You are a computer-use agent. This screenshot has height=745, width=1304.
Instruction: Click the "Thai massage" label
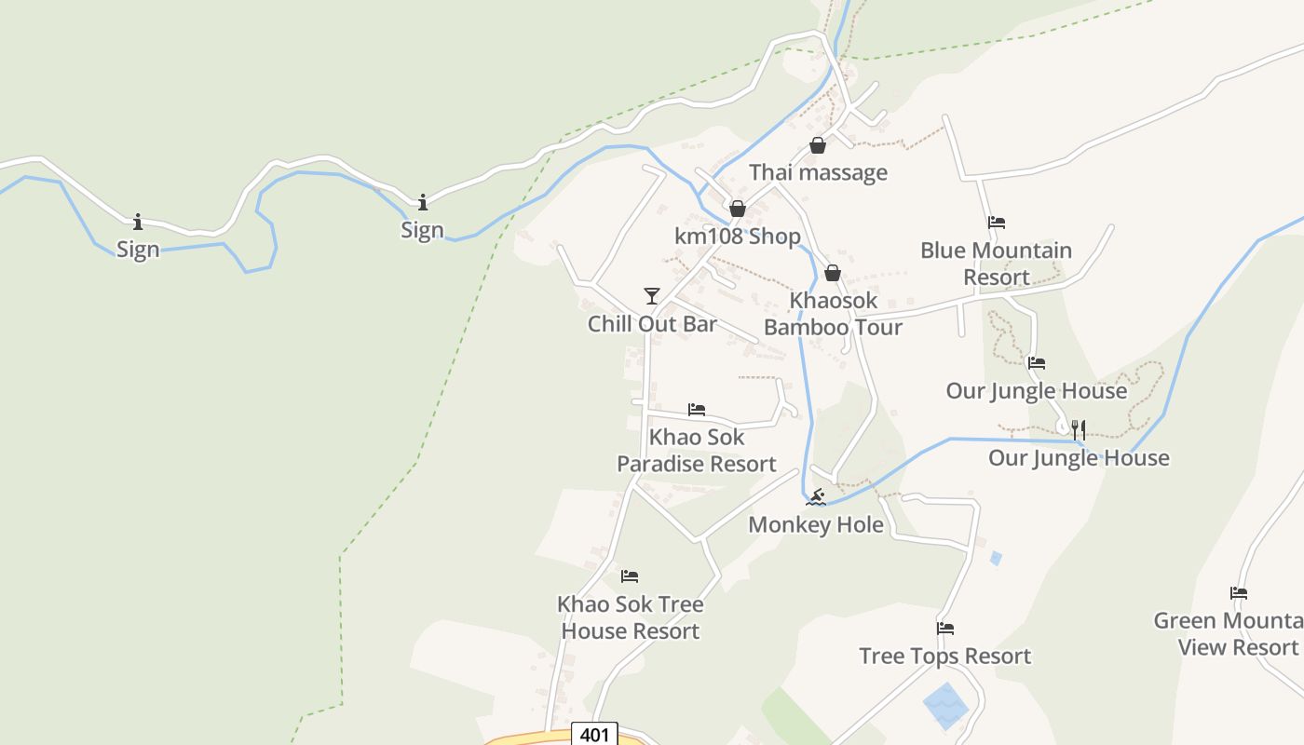point(818,172)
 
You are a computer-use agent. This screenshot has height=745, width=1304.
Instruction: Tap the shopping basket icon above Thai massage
point(817,145)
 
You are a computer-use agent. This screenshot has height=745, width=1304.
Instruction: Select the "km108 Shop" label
point(737,236)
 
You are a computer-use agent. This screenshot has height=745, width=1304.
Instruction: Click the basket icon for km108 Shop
point(737,209)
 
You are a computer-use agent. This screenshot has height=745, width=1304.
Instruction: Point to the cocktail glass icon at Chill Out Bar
point(652,296)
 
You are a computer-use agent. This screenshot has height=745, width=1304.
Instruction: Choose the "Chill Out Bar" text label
point(652,323)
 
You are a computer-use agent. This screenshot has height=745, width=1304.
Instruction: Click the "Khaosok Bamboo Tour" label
point(833,314)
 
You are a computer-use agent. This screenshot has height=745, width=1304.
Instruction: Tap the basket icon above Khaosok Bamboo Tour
point(833,273)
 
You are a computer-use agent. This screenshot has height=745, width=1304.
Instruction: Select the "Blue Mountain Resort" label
point(996,264)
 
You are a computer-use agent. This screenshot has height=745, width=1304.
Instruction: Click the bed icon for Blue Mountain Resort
point(997,223)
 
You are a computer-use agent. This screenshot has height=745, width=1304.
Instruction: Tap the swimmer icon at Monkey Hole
point(816,497)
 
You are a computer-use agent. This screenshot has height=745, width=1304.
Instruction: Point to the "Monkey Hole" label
point(816,524)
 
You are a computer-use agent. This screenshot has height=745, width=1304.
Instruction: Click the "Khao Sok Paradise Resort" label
point(697,450)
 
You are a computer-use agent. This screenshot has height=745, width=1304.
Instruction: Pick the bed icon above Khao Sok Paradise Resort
point(697,409)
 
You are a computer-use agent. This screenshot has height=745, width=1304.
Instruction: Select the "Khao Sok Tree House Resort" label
point(630,617)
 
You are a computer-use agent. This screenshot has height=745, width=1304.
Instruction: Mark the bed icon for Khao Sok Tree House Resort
point(630,576)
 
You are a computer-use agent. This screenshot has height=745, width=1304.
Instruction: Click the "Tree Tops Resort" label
point(944,656)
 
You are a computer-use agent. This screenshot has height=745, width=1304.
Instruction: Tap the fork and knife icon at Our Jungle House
point(1079,429)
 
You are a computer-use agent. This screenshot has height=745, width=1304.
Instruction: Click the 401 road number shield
point(594,735)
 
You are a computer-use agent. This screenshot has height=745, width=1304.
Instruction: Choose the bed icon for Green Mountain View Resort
point(1239,593)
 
